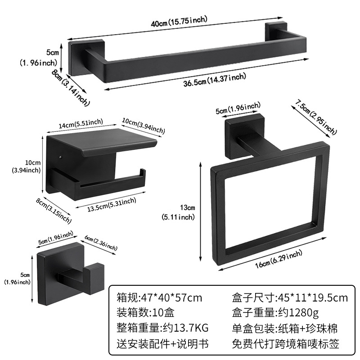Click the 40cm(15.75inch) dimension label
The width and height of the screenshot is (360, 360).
point(179,21)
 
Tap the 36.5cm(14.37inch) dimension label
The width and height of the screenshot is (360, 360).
point(215,80)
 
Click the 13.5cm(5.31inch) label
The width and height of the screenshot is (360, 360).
point(112,205)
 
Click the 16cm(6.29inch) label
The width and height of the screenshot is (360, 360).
point(279,259)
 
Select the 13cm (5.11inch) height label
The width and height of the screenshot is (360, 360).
point(179,212)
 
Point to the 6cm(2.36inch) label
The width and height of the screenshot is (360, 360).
point(101,243)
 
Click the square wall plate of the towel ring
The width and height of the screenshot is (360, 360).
point(244,136)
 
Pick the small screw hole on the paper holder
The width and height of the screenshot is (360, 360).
point(60,157)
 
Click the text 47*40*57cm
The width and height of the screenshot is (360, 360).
point(171,298)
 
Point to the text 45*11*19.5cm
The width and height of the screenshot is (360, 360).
point(313,298)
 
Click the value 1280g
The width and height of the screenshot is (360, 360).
point(303,313)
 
